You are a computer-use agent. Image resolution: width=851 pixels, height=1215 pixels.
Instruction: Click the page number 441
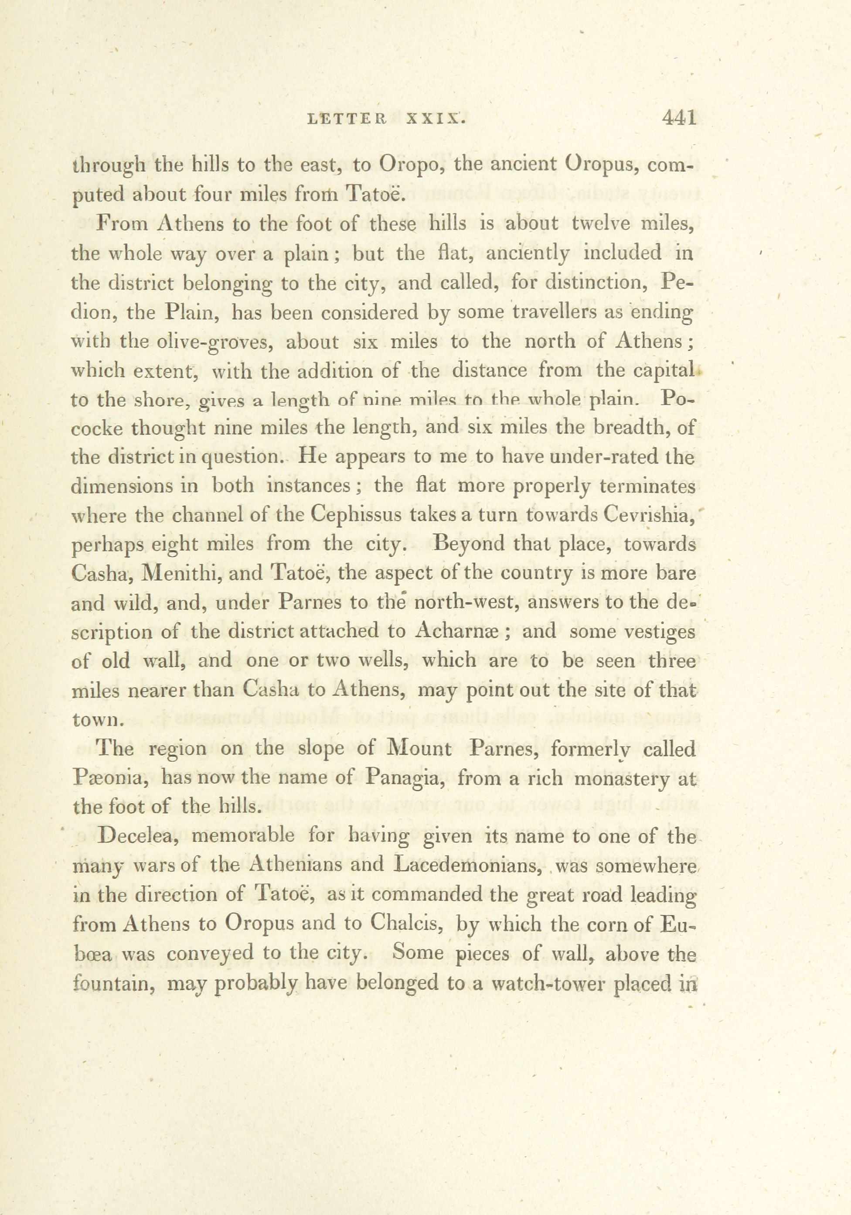point(679,117)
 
